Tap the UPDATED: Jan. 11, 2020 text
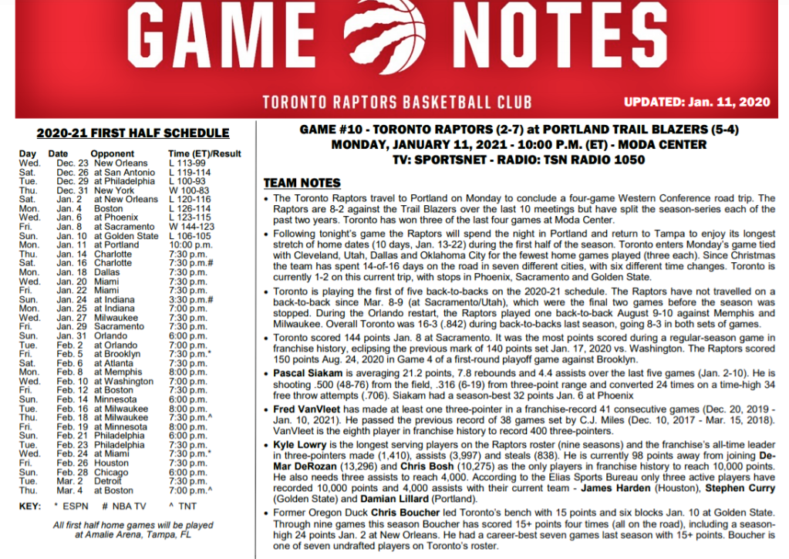pyautogui.click(x=696, y=101)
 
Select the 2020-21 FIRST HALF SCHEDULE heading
pyautogui.click(x=133, y=133)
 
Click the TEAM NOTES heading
pyautogui.click(x=302, y=183)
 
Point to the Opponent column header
pyautogui.click(x=113, y=154)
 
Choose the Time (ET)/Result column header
pyautogui.click(x=205, y=154)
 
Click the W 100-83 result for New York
pyautogui.click(x=188, y=190)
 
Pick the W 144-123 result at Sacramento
pyautogui.click(x=191, y=226)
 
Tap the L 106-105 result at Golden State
pyautogui.click(x=191, y=235)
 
